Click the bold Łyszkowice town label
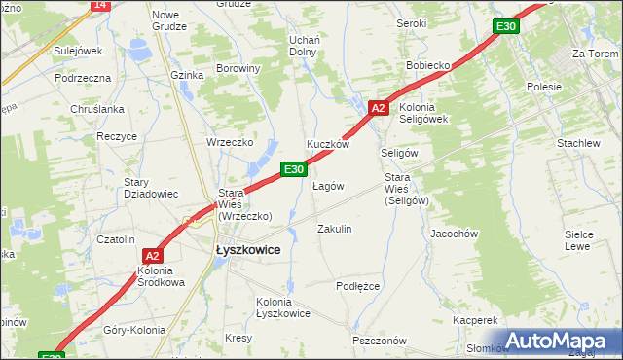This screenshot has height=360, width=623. (x=247, y=250)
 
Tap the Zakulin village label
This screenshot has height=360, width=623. (x=335, y=229)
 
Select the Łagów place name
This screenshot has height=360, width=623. (x=327, y=186)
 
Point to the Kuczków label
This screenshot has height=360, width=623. (x=328, y=144)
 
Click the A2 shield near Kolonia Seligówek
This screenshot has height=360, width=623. (x=380, y=108)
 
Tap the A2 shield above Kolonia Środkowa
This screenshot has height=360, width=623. (x=152, y=255)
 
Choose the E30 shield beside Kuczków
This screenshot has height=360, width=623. (x=295, y=169)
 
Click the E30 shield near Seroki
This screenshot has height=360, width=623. (x=504, y=26)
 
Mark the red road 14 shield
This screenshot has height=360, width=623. (x=99, y=5)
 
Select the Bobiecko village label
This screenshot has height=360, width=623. (x=427, y=65)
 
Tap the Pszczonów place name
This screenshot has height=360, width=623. (x=380, y=341)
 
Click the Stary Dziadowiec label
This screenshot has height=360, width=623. (x=150, y=188)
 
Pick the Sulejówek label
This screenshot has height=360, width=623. (x=78, y=51)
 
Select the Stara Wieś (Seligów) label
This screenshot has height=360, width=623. (x=406, y=189)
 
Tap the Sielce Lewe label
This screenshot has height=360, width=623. (x=578, y=240)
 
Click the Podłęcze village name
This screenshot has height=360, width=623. (x=357, y=286)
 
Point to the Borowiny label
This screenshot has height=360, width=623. (x=238, y=69)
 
